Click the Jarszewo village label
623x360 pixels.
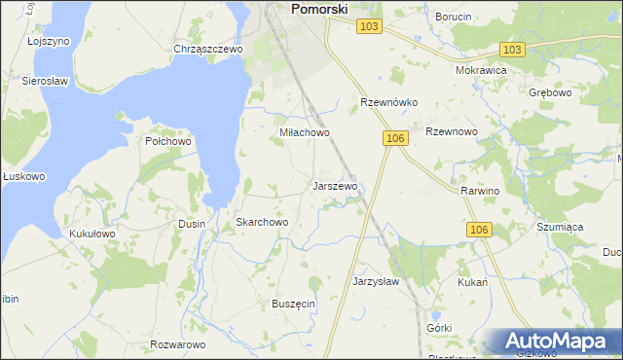(335, 185)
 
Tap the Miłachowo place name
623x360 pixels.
(305, 132)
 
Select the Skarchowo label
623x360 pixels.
(262, 223)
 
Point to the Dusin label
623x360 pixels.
(192, 224)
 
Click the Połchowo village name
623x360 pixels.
(167, 141)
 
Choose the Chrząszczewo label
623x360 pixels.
(207, 49)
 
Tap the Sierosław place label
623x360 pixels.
(43, 82)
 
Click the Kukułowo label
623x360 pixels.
(92, 234)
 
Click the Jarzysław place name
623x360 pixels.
(376, 281)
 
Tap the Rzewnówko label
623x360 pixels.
(388, 102)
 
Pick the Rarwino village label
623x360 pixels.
(480, 191)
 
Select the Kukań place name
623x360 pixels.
(472, 282)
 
